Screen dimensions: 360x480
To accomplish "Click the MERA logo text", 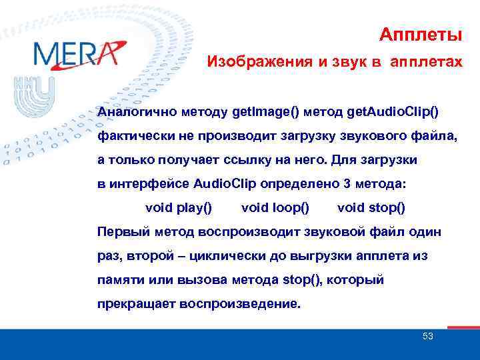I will tap(75, 53).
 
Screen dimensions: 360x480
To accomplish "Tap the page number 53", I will tap(428, 337).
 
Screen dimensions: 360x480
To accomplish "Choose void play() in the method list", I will tap(179, 207).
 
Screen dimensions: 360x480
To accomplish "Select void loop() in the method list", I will tap(275, 207).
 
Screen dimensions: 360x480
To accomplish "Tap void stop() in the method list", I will tap(371, 207).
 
